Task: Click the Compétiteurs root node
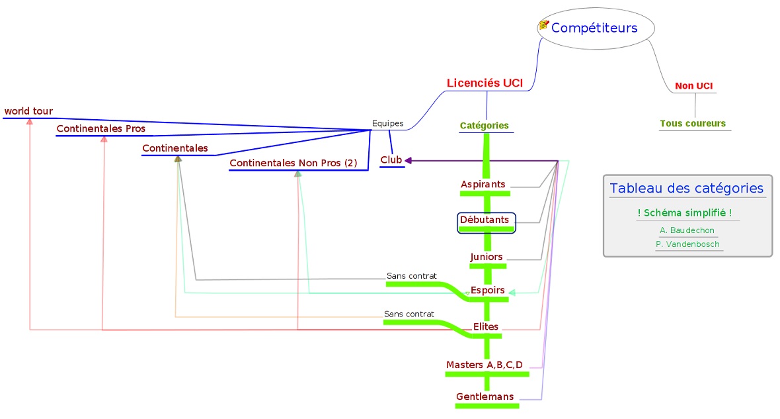coord(594,28)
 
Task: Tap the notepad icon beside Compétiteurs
coord(544,25)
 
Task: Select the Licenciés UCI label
coord(485,83)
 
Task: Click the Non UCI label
coord(693,86)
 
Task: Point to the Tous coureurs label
coord(692,124)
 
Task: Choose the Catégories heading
coord(485,125)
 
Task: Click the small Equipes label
coord(387,123)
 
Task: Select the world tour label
coord(28,111)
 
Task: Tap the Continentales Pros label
coord(100,128)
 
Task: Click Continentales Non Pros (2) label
coord(293,163)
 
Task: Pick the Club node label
coord(391,160)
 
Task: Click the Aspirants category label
coord(483,184)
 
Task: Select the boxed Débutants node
coord(485,220)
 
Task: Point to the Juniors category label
coord(487,257)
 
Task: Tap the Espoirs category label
coord(488,290)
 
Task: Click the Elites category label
coord(486,326)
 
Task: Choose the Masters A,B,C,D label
coord(485,365)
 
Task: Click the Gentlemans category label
coord(485,396)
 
